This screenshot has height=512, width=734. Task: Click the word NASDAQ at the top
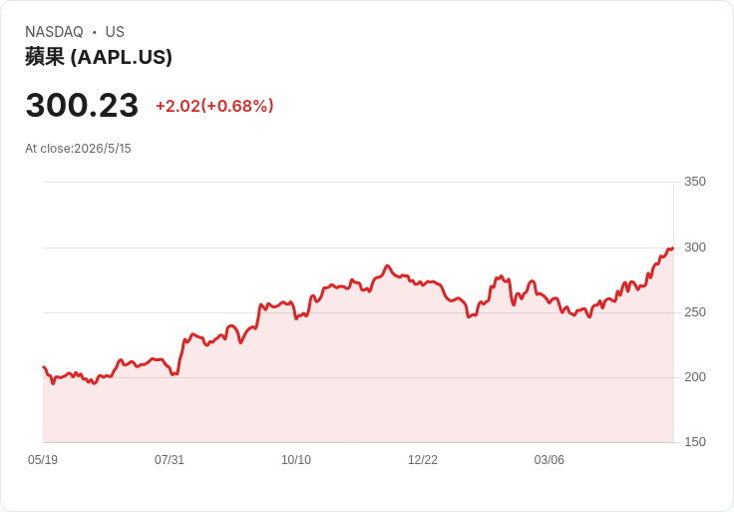pyautogui.click(x=54, y=32)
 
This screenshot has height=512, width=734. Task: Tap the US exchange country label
pyautogui.click(x=115, y=32)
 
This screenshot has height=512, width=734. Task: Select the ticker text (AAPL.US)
pyautogui.click(x=122, y=57)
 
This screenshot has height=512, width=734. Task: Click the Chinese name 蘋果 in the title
pyautogui.click(x=45, y=57)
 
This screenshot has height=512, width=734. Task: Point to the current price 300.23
pyautogui.click(x=82, y=105)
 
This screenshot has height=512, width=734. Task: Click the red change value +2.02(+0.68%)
pyautogui.click(x=214, y=106)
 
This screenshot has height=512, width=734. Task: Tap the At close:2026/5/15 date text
pyautogui.click(x=78, y=149)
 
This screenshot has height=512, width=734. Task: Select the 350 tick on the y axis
pyautogui.click(x=695, y=182)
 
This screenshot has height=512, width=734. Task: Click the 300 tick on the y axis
pyautogui.click(x=695, y=248)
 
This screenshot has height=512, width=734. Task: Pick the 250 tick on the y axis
pyautogui.click(x=695, y=312)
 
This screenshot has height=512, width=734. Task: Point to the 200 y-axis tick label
pyautogui.click(x=695, y=377)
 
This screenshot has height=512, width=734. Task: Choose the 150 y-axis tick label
pyautogui.click(x=695, y=442)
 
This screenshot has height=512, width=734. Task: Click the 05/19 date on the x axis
pyautogui.click(x=43, y=460)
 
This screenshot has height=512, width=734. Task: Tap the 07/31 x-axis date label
pyautogui.click(x=170, y=460)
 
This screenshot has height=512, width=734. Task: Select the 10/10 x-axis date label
pyautogui.click(x=296, y=460)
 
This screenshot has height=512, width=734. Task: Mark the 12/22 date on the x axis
pyautogui.click(x=423, y=460)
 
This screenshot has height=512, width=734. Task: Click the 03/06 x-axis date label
pyautogui.click(x=550, y=460)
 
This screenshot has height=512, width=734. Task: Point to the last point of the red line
pyautogui.click(x=673, y=249)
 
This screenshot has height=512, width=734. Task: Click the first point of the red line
pyautogui.click(x=44, y=367)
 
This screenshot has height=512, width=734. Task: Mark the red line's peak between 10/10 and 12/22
pyautogui.click(x=387, y=265)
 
